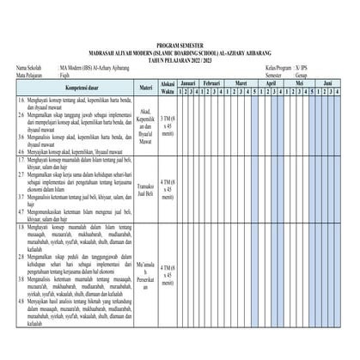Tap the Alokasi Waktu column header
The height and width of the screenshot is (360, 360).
point(168,87)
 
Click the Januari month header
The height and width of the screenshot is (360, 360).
point(193,82)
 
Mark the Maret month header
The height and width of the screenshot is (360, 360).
point(251,82)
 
